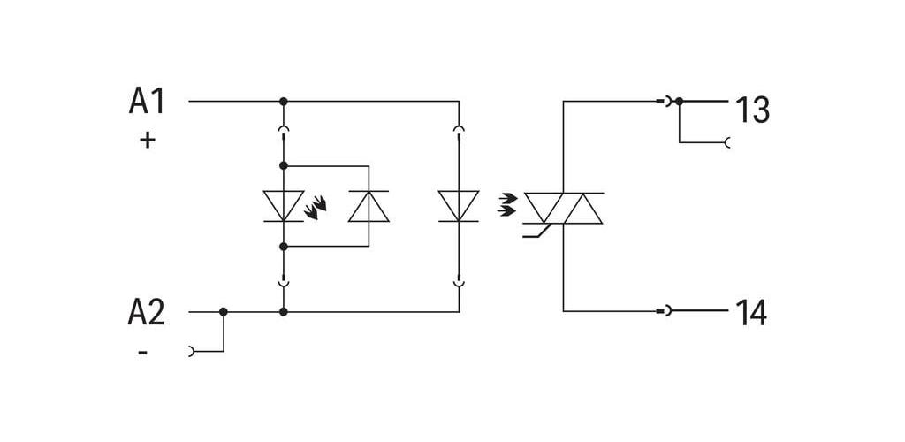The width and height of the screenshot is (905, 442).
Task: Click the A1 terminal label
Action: click(x=147, y=102)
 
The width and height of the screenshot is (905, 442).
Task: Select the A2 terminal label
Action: click(x=147, y=313)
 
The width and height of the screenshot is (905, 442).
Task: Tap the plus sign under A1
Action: click(x=148, y=141)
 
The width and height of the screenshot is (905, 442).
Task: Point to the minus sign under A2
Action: click(x=142, y=352)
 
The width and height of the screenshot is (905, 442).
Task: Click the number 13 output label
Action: click(x=752, y=110)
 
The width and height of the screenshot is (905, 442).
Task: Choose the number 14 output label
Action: click(x=751, y=313)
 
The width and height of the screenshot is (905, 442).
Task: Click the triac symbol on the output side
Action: click(x=563, y=209)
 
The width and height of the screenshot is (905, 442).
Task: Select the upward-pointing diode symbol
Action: click(x=369, y=206)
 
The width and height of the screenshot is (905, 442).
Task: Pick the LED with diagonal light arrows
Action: click(x=284, y=206)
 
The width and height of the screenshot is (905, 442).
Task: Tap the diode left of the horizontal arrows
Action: click(x=459, y=206)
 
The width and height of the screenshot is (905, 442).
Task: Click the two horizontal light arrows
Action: click(x=507, y=205)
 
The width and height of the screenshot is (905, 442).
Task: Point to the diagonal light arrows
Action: click(x=316, y=208)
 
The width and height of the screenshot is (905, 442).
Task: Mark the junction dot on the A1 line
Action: click(x=284, y=102)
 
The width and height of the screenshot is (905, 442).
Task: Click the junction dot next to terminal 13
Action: click(x=680, y=102)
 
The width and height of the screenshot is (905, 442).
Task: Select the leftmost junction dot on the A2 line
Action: click(x=224, y=312)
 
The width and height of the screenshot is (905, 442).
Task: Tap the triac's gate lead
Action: click(x=535, y=232)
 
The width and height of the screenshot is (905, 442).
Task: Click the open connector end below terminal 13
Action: click(x=727, y=142)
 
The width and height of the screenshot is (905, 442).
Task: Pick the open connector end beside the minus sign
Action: click(x=192, y=352)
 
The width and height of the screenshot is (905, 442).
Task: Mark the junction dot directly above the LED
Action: click(x=284, y=165)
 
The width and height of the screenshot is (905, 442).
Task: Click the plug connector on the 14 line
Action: click(x=664, y=311)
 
